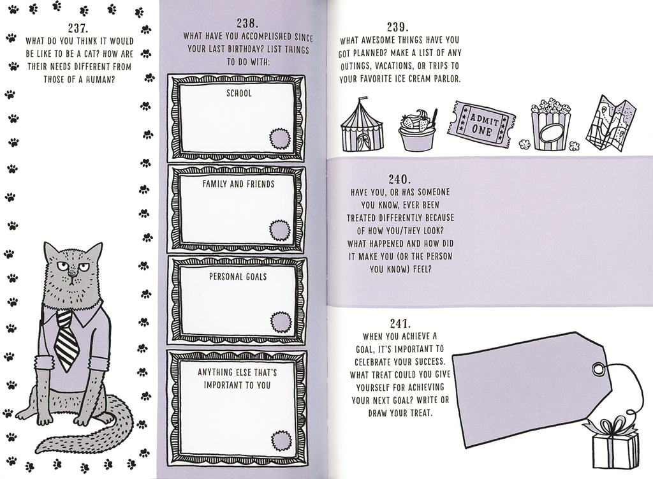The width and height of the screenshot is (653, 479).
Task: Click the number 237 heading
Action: (79, 27)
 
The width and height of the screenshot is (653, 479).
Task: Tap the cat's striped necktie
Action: (66, 340)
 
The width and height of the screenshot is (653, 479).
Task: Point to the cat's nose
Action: (73, 276)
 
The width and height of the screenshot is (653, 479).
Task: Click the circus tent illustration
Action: (362, 128)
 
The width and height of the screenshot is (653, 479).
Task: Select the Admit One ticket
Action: (481, 122)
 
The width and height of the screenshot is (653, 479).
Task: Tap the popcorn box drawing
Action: (550, 126)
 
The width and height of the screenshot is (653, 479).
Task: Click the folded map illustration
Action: (610, 123)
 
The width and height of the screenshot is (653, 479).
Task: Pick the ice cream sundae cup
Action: (417, 131)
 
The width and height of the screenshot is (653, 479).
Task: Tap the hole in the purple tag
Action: (598, 369)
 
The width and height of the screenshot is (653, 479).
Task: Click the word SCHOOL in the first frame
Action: (238, 93)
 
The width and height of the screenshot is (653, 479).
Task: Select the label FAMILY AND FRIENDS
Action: (238, 184)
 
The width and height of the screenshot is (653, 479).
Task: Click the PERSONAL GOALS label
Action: (238, 277)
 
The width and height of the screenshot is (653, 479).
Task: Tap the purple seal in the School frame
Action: (279, 138)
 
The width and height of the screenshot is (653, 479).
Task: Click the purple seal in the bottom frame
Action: (281, 440)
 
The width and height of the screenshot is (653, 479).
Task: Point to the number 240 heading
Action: (400, 179)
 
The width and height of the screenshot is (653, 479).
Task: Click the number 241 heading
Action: (400, 323)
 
